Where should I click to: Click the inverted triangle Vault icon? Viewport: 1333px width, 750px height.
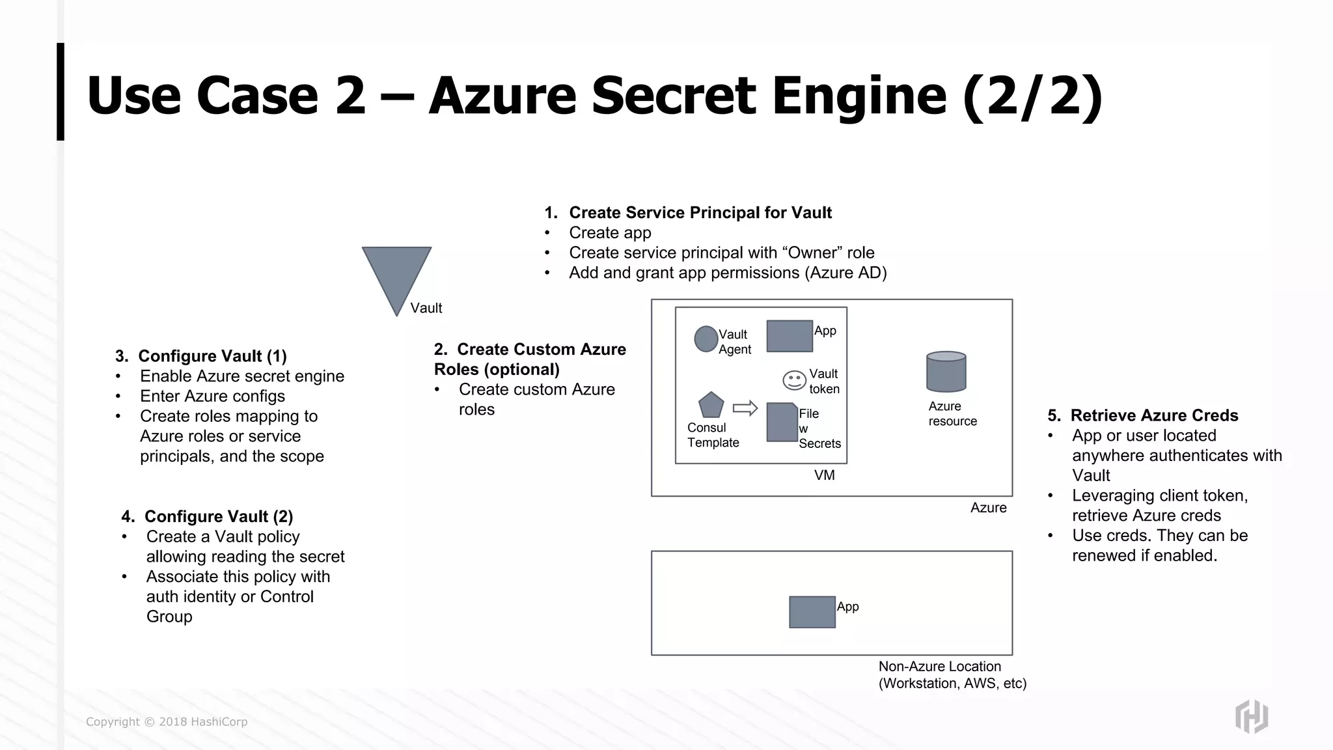[x=396, y=273]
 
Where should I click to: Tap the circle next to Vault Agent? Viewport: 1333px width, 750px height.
[x=706, y=339]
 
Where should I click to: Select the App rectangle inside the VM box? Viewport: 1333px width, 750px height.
[x=790, y=336]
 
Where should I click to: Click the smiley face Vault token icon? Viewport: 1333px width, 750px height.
[x=794, y=380]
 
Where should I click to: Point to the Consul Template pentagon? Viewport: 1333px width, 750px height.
[x=711, y=406]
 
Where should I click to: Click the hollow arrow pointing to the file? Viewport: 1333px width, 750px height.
[x=745, y=408]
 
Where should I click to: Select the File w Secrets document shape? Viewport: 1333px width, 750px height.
[x=782, y=423]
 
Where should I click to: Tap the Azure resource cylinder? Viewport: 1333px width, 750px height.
[x=946, y=372]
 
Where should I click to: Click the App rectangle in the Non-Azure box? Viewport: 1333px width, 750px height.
[x=812, y=612]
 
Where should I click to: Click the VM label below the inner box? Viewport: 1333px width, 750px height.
[x=824, y=476]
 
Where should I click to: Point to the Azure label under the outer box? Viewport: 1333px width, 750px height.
[x=988, y=508]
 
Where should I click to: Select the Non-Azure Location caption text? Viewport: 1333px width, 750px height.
[x=952, y=675]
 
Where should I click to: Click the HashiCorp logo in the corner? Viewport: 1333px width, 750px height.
[x=1251, y=716]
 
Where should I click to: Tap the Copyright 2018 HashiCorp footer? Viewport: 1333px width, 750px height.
[x=167, y=722]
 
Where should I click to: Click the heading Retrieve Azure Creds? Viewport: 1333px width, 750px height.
[x=1153, y=415]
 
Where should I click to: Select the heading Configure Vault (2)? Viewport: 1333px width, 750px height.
[x=218, y=516]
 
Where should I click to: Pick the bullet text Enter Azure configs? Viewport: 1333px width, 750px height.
[x=212, y=396]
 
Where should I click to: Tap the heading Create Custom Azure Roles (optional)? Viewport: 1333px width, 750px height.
[x=529, y=359]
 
